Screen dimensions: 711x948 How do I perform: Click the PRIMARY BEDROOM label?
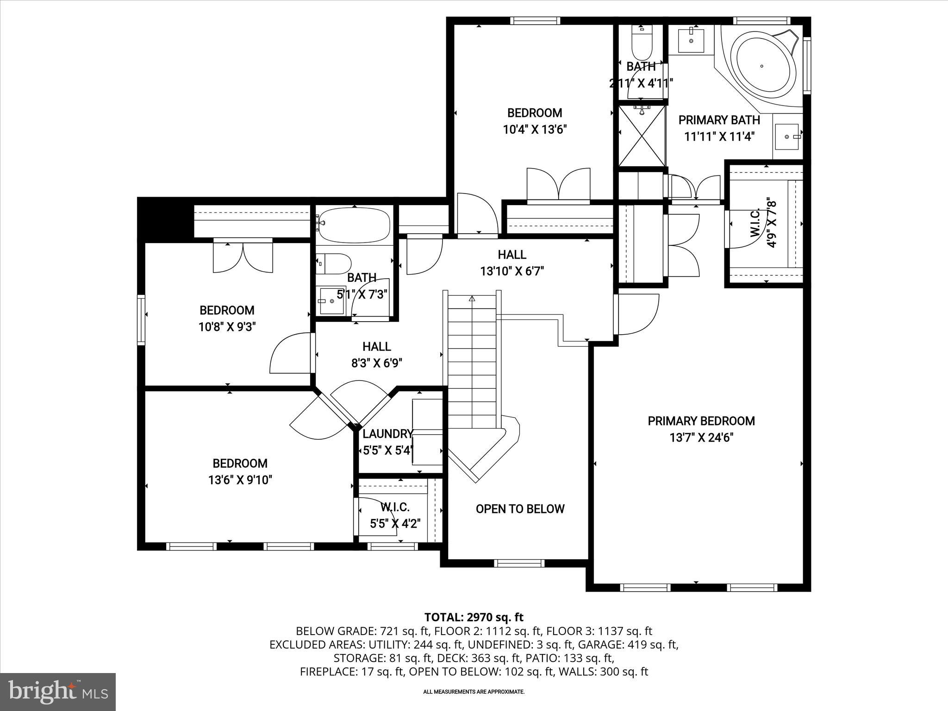[x=701, y=421]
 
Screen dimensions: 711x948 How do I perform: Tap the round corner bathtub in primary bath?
[x=761, y=66]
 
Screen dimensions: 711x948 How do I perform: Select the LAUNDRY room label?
[x=387, y=434]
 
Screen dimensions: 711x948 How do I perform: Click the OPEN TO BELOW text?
[x=520, y=509]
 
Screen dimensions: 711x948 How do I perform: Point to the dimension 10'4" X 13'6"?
[x=535, y=129]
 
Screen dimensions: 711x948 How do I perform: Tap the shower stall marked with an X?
[x=642, y=136]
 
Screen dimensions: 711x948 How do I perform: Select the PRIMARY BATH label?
[x=719, y=120]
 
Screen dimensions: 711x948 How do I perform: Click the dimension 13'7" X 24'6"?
[x=701, y=437]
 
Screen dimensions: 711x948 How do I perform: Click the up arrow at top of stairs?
[x=472, y=299]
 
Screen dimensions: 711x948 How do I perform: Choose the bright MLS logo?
[x=58, y=692]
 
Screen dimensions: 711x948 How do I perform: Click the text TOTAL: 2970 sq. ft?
[x=474, y=617]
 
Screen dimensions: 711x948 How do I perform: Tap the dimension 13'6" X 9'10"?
[x=240, y=480]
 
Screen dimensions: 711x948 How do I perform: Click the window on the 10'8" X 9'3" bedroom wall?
[x=141, y=319]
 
